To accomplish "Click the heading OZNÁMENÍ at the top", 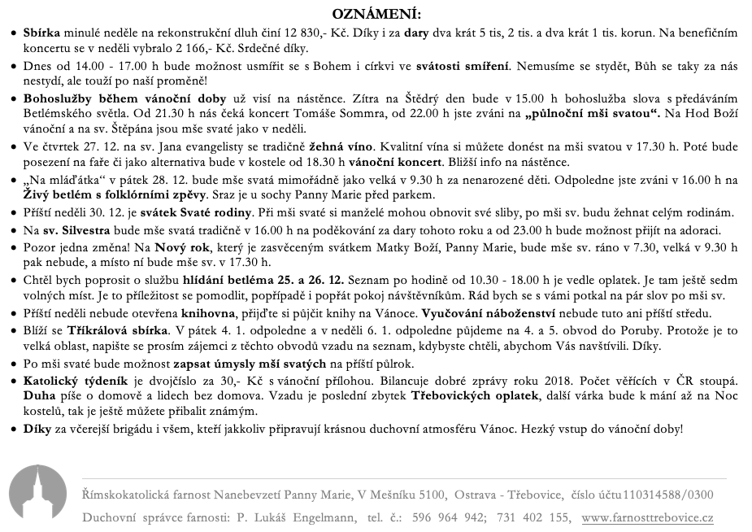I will (376, 14).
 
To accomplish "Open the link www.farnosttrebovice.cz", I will (648, 517).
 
